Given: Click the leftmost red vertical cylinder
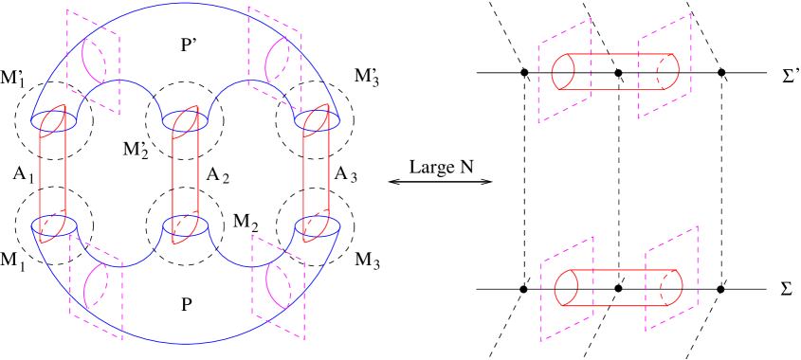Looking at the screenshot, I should pyautogui.click(x=52, y=175).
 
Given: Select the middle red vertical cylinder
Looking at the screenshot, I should pyautogui.click(x=185, y=175).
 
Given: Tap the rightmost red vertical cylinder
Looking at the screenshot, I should pyautogui.click(x=317, y=175).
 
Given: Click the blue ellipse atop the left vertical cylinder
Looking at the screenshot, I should pyautogui.click(x=54, y=121).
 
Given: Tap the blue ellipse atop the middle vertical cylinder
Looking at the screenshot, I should pyautogui.click(x=185, y=121).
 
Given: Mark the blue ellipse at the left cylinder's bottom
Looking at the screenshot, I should pyautogui.click(x=54, y=226).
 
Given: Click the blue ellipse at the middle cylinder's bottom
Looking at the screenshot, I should pyautogui.click(x=185, y=226).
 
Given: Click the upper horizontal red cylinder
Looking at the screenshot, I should pyautogui.click(x=616, y=72).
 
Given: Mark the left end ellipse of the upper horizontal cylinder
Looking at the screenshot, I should pyautogui.click(x=563, y=72).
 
